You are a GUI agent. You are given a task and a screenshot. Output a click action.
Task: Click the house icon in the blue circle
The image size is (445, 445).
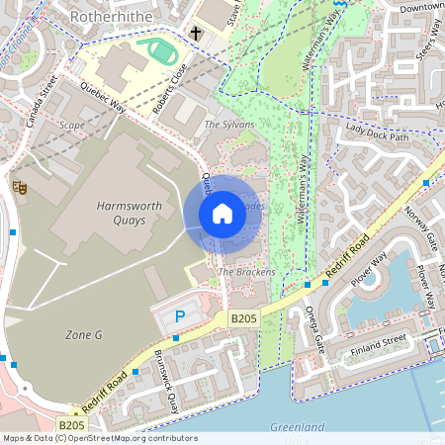pos(222,213)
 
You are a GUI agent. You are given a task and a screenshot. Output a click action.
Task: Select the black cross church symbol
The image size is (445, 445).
pos(196,35)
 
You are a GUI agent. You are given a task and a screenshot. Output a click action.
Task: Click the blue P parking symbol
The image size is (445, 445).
pos(179,316)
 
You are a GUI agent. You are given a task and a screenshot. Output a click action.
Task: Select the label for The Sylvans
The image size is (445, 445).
pos(228,125)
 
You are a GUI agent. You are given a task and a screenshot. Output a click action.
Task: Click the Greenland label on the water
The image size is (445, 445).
pos(298,427)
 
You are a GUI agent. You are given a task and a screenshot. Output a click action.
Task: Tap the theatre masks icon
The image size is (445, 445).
pos(17,185)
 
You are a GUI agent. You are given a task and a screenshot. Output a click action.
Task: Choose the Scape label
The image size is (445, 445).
pos(71,126)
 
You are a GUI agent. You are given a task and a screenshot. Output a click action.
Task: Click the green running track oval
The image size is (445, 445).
pos(158,49)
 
